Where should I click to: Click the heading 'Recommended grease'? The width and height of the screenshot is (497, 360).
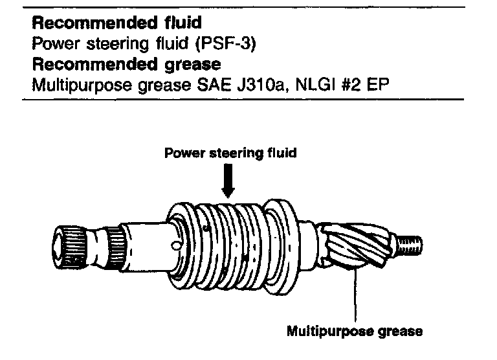coord(126,65)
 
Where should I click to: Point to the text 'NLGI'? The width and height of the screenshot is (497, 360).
coord(308,86)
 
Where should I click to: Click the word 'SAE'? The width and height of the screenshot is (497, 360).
coord(213,86)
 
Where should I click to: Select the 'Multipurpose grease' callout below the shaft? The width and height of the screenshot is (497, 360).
coord(355,332)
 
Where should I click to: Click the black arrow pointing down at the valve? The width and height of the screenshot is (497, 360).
coord(227,181)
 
